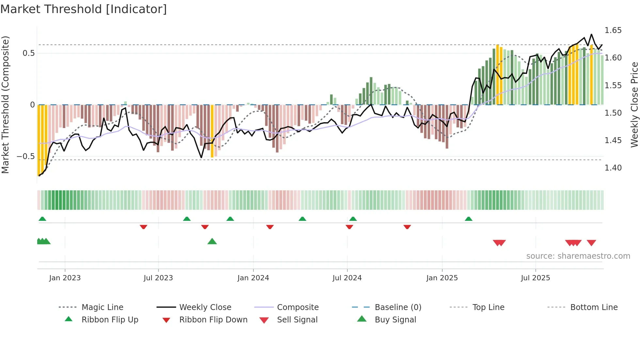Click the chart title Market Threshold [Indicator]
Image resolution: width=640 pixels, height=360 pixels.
click(x=84, y=9)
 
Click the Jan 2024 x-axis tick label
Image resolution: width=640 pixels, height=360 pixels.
click(x=253, y=278)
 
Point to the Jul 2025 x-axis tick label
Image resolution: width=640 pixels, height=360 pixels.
click(x=535, y=278)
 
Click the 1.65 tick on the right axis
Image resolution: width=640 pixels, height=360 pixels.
click(x=613, y=30)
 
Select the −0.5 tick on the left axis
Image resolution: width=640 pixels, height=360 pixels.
click(x=26, y=156)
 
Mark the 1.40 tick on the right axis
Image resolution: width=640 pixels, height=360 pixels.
click(x=613, y=168)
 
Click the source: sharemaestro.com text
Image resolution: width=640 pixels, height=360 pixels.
click(x=578, y=256)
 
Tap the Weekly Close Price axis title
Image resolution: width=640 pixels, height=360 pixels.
click(x=634, y=105)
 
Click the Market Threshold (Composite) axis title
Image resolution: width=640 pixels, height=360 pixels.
click(x=5, y=105)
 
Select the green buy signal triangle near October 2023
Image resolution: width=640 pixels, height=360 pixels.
click(x=212, y=242)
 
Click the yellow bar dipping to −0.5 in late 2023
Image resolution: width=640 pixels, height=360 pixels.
click(x=212, y=131)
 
